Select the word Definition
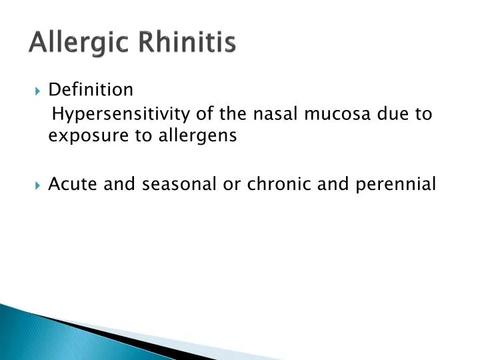[x=91, y=89]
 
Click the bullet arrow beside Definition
[x=37, y=90]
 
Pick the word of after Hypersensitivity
[x=198, y=113]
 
